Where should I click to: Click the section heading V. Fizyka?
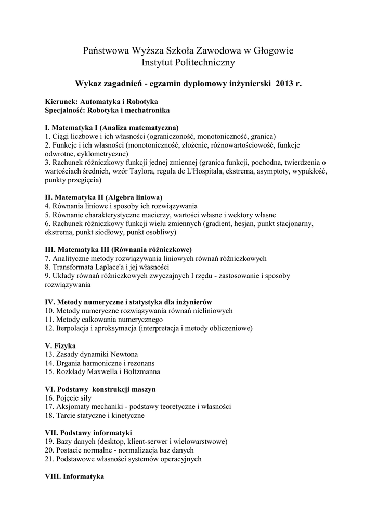[x=61, y=345]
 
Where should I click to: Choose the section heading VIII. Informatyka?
[x=75, y=476]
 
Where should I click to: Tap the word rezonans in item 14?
[x=140, y=363]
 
